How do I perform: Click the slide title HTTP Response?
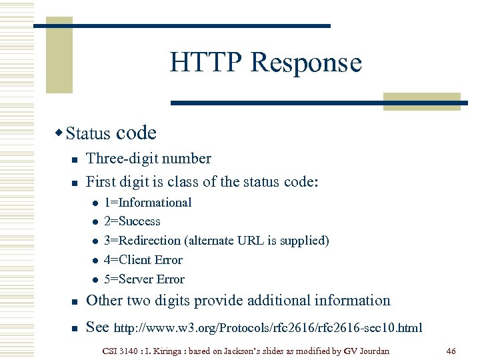265,63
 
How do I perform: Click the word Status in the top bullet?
88,133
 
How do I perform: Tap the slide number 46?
451,350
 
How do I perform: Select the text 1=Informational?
147,203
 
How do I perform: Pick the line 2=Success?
132,221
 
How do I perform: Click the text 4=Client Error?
143,260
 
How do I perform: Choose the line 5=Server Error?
144,279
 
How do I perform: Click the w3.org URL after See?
269,328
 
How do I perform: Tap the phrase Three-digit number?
149,159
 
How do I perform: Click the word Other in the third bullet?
105,301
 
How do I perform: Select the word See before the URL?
99,327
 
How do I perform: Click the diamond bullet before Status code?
60,133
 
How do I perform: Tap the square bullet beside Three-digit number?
75,160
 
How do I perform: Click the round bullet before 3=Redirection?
95,241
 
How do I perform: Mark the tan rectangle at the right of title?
422,101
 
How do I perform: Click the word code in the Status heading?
136,133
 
